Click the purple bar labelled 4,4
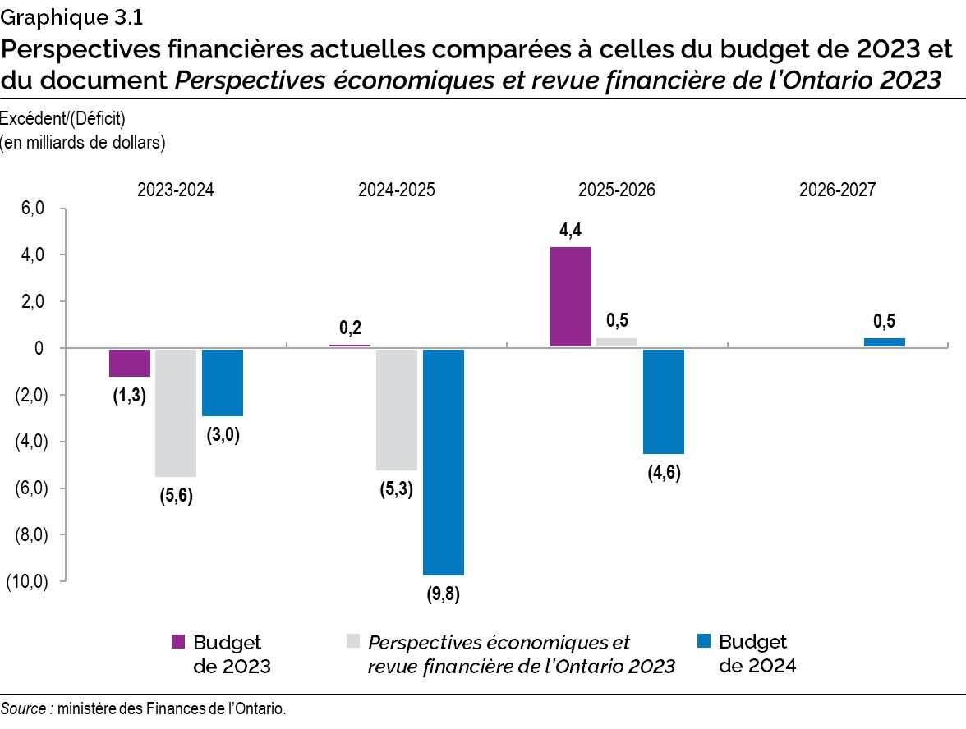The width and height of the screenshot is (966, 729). (570, 296)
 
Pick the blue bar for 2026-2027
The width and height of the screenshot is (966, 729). (885, 342)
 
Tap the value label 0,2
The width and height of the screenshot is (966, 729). (351, 328)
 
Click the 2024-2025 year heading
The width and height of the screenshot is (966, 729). (397, 190)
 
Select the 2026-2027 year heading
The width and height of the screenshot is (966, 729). (837, 190)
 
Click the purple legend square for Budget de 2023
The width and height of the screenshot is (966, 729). (177, 641)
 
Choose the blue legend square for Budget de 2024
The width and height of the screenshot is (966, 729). (702, 641)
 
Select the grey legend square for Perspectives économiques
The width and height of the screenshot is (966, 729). (353, 641)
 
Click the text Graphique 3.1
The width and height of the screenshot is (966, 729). (66, 16)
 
